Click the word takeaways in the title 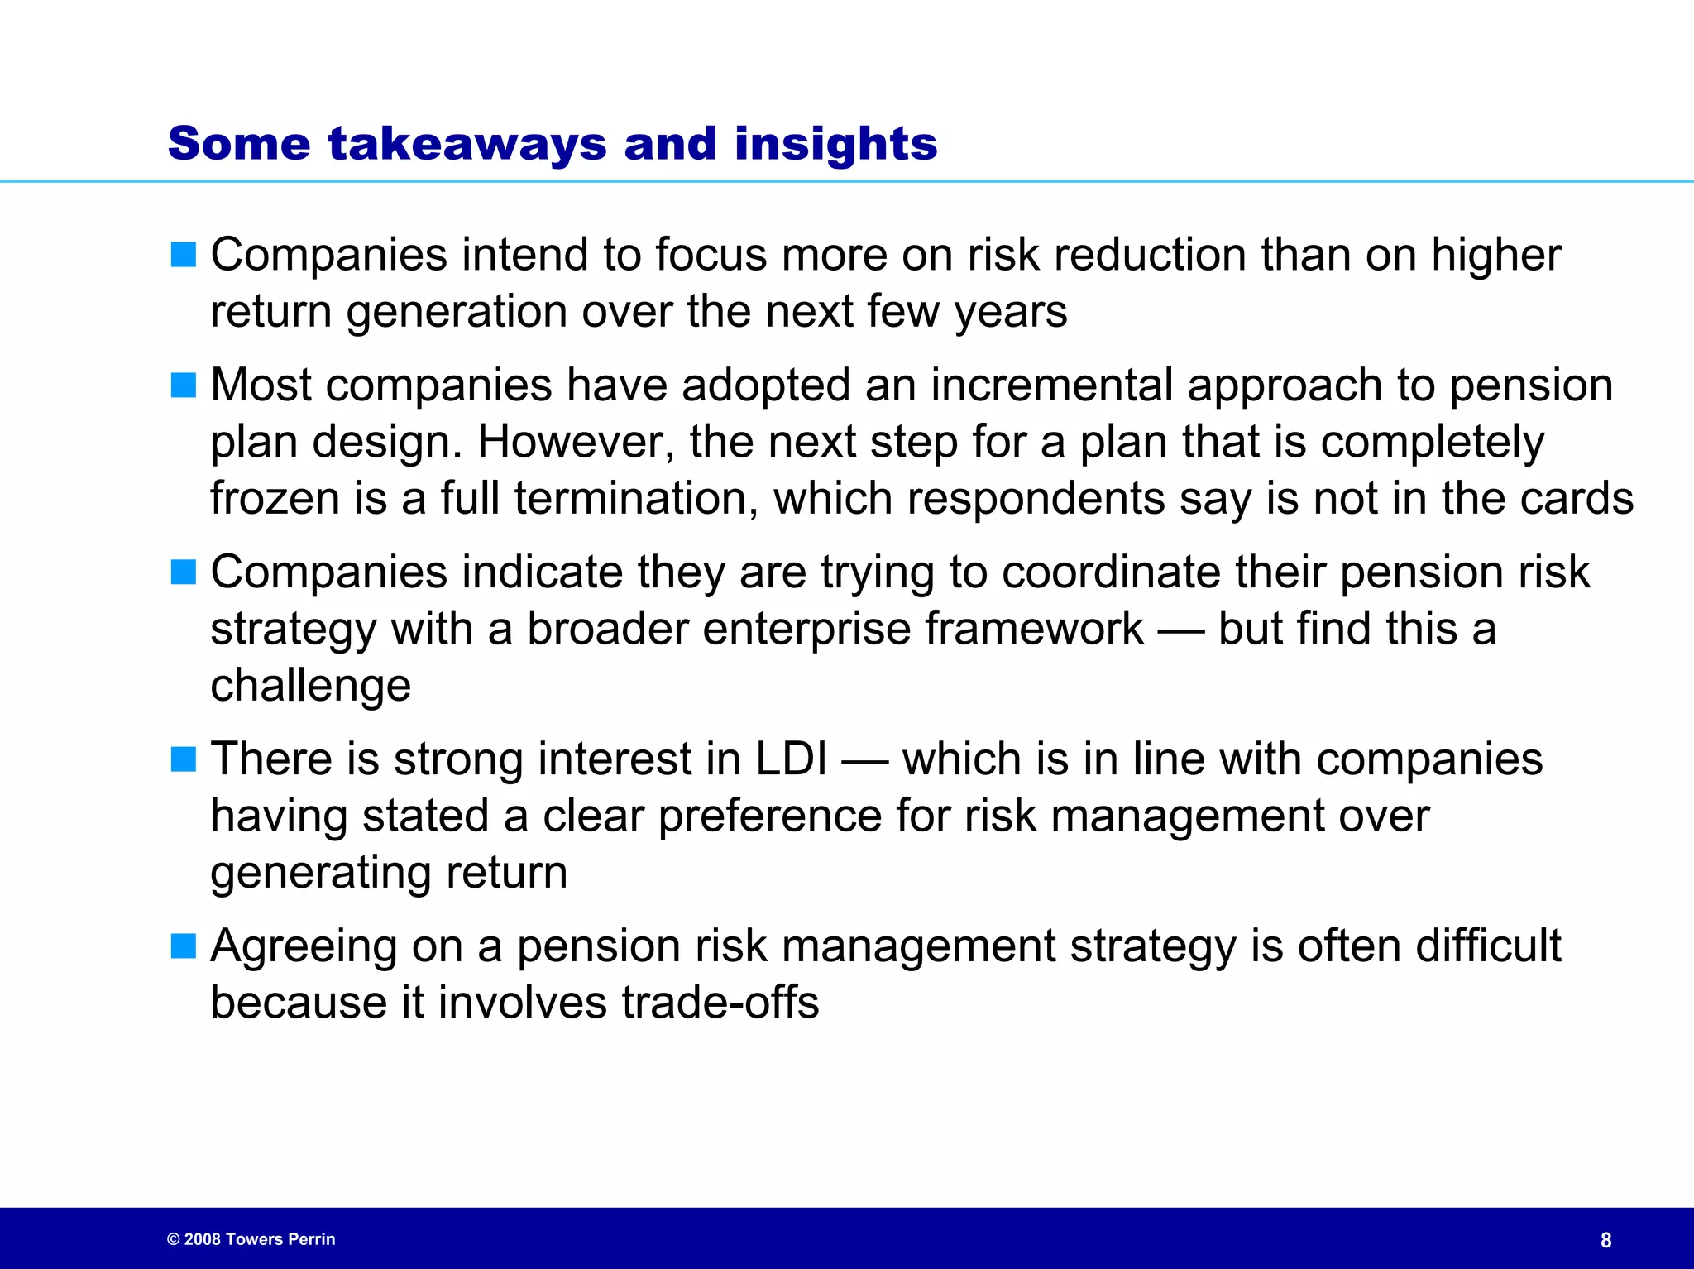pos(467,144)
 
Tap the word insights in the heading pos(835,144)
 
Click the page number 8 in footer pos(1605,1240)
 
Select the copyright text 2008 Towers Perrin pos(251,1239)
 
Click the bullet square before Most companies pos(183,385)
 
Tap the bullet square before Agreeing pos(183,946)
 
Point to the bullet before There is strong pos(183,759)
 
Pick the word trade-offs pos(720,1002)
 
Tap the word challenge pos(310,685)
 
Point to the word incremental pos(1051,385)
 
